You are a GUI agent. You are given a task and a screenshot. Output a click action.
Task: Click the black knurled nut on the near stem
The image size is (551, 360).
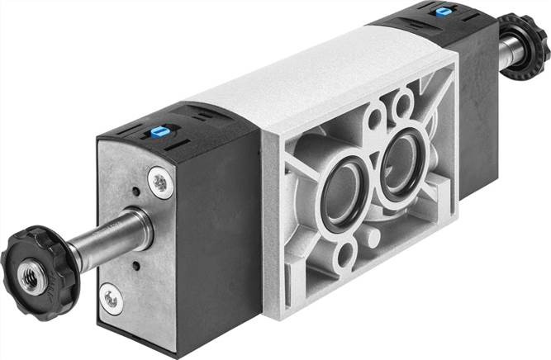pos(31,265)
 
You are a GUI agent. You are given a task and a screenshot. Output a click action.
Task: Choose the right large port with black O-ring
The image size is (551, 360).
pos(401,158)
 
